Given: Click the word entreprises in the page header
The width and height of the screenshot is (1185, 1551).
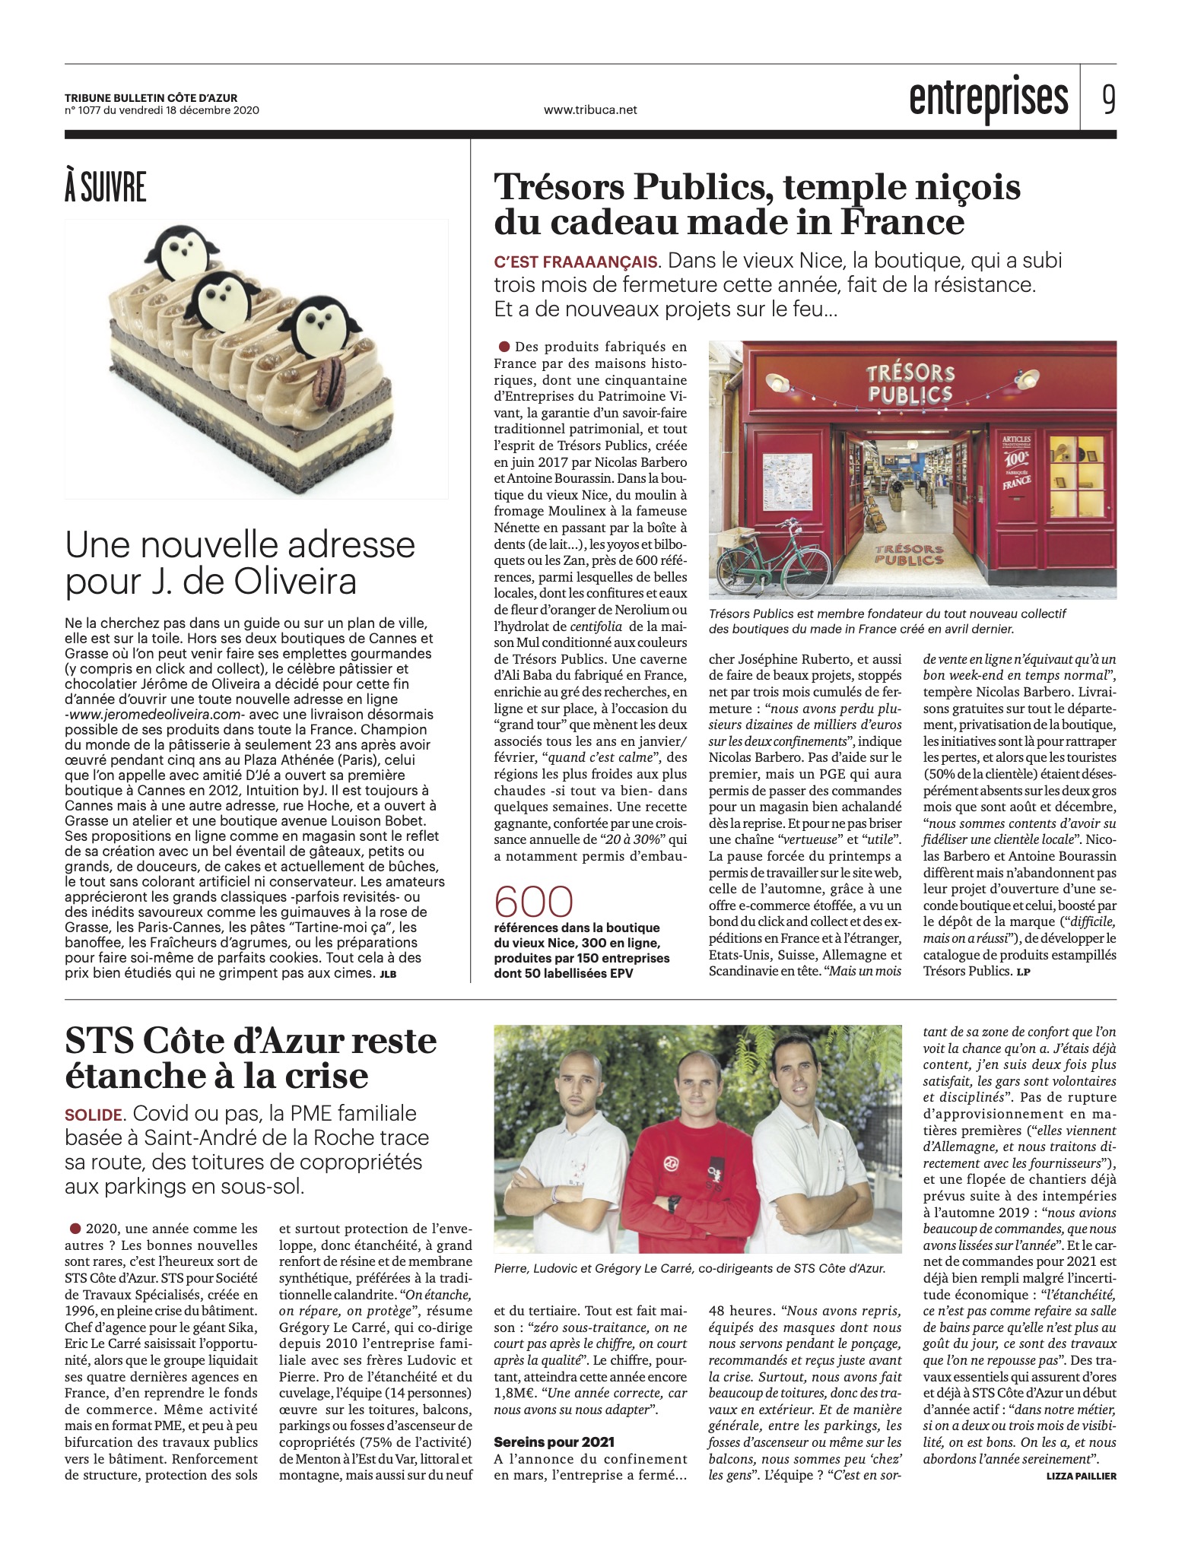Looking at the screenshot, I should pos(989,100).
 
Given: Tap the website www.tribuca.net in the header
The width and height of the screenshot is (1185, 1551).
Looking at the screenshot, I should pos(590,109).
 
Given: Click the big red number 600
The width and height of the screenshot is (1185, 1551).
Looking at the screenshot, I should pos(533,902).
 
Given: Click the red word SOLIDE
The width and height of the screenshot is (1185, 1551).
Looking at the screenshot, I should pos(94,1115).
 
